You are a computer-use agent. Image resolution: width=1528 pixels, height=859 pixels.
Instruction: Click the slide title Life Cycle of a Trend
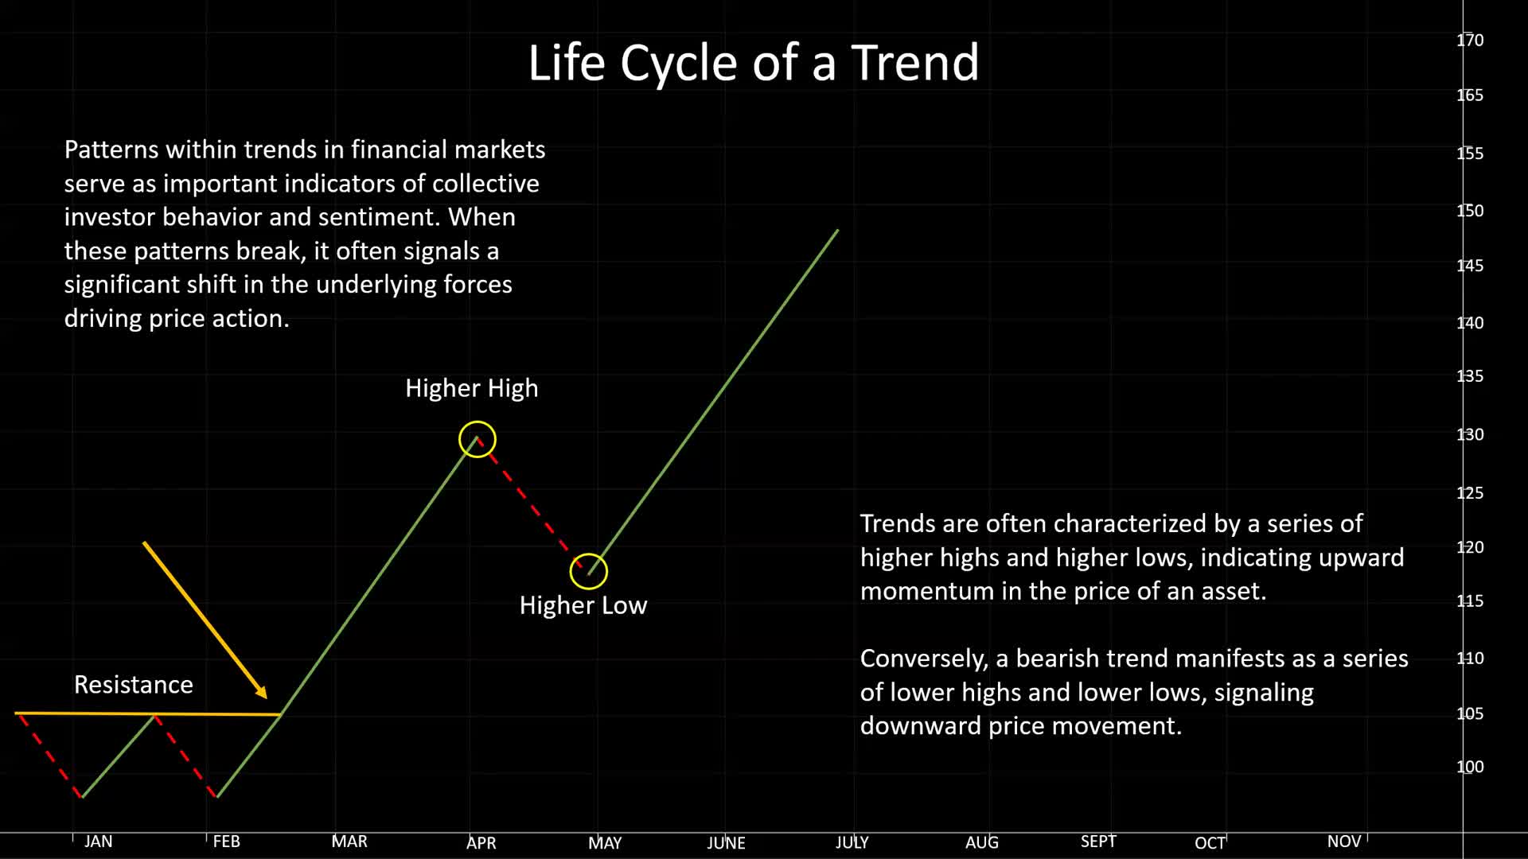click(x=754, y=62)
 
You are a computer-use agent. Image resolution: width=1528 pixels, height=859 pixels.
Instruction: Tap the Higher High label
click(x=472, y=388)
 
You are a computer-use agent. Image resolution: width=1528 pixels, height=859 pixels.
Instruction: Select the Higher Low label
click(x=583, y=605)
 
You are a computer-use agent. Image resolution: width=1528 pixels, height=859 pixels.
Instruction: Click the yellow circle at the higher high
click(x=477, y=422)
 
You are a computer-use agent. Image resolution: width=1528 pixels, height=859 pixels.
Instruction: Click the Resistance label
click(x=134, y=685)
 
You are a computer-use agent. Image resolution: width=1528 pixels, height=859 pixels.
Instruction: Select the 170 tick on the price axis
click(x=1470, y=40)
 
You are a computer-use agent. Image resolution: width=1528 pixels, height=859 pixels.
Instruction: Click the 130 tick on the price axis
click(x=1470, y=434)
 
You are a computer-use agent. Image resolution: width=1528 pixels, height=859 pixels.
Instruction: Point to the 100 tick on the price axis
click(x=1470, y=767)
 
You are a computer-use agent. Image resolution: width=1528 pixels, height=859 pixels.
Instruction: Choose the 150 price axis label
click(x=1470, y=211)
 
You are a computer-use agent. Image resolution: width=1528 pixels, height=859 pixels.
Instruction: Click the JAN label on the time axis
click(x=99, y=842)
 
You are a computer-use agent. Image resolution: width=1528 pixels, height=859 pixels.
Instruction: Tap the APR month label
click(x=481, y=842)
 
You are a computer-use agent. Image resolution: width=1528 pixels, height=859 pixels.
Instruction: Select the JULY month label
click(x=852, y=842)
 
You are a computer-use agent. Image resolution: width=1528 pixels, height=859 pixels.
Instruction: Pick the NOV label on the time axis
click(x=1344, y=842)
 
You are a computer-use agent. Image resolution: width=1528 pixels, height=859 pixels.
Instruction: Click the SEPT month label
click(x=1098, y=842)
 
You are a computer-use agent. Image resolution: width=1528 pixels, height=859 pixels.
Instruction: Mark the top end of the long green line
click(x=838, y=230)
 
